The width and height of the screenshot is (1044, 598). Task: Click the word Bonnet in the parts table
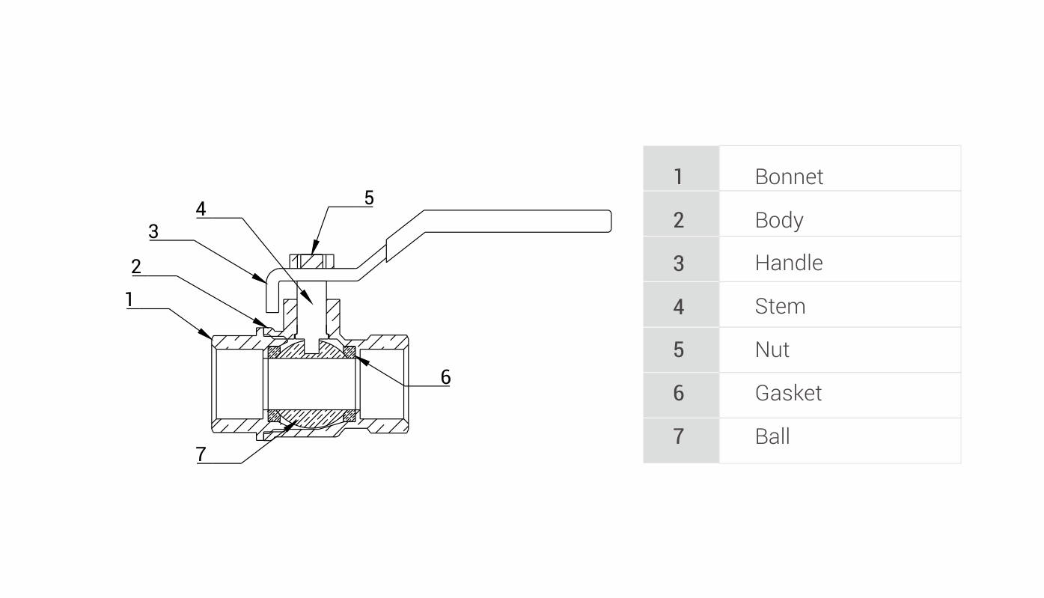tap(789, 177)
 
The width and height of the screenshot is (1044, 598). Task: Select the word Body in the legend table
tap(778, 220)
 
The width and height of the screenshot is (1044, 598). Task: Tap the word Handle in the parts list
tap(788, 263)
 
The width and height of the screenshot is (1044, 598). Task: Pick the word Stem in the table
tap(780, 306)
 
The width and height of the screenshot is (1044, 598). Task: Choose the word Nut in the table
tap(772, 350)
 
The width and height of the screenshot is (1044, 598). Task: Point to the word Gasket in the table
tap(788, 393)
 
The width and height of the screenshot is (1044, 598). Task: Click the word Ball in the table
tap(772, 436)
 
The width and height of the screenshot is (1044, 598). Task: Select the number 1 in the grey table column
tap(678, 177)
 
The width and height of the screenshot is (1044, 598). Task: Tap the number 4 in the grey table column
tap(678, 306)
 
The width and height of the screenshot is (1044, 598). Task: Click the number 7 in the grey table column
tap(678, 436)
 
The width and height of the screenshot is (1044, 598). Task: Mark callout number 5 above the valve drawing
tap(369, 198)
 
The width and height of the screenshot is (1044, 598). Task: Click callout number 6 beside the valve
tap(445, 377)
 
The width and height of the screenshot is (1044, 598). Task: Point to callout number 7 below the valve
tap(201, 454)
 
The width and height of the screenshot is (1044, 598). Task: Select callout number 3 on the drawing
tap(153, 231)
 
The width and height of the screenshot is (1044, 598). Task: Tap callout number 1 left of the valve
tap(129, 300)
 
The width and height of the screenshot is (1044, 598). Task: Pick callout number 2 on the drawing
tap(136, 267)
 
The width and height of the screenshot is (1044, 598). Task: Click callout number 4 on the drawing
tap(201, 209)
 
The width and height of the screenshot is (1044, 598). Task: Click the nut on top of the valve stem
tap(312, 262)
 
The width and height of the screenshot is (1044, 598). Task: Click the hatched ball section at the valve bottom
tap(311, 417)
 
